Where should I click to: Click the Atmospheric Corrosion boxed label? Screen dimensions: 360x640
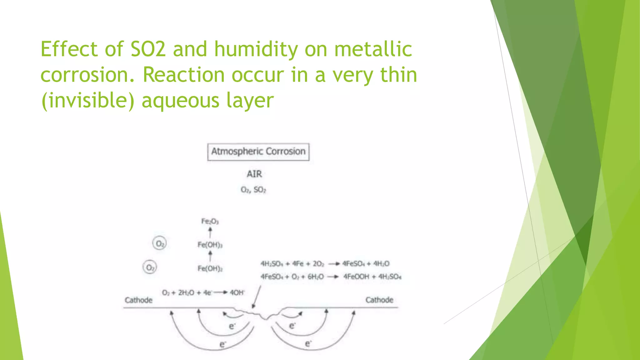(x=258, y=152)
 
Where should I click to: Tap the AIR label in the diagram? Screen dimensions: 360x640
(x=254, y=174)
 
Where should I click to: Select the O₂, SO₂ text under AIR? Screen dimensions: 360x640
(x=253, y=190)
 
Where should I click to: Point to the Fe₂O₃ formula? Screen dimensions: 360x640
(x=210, y=222)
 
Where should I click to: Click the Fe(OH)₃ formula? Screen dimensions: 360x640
(x=210, y=245)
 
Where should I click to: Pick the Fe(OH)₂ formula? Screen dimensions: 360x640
(x=210, y=268)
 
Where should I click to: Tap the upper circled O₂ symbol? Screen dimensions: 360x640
(x=159, y=243)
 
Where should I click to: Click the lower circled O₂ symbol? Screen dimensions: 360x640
(x=150, y=267)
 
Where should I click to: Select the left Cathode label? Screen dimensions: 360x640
(x=138, y=300)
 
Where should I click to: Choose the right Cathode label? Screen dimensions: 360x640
(x=379, y=300)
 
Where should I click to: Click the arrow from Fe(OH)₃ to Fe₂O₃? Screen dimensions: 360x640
(x=210, y=233)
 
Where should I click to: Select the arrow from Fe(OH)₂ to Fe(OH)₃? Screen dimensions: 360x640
(x=210, y=256)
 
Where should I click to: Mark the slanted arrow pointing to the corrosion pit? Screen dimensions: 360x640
(x=257, y=297)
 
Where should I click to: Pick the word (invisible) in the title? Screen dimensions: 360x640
(x=88, y=101)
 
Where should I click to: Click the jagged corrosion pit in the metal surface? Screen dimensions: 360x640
(x=261, y=314)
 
